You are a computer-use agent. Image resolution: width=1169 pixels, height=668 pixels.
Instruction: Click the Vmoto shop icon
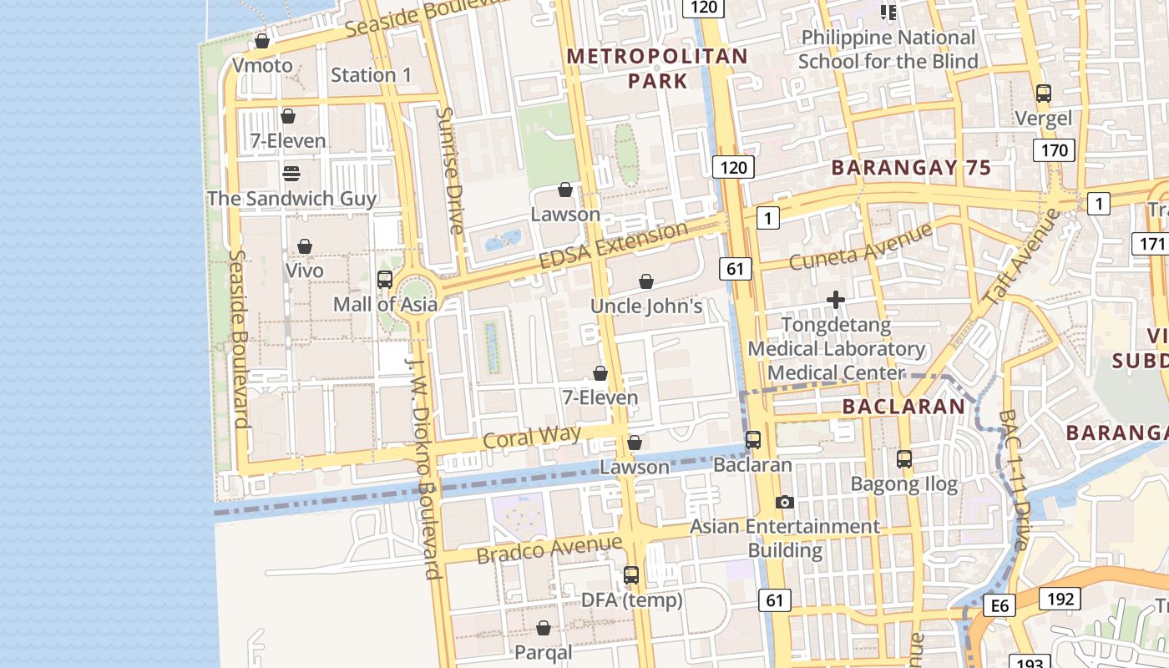tap(262, 41)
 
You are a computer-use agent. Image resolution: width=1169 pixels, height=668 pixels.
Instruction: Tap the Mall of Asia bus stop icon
tap(385, 280)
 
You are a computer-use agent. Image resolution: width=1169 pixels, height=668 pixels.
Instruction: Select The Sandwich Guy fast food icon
tap(291, 174)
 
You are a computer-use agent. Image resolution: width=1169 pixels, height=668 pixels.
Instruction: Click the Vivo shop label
tap(305, 271)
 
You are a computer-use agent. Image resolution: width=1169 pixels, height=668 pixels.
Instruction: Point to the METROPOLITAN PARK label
tap(657, 68)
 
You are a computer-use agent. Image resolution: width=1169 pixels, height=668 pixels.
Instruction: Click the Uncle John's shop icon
tap(645, 282)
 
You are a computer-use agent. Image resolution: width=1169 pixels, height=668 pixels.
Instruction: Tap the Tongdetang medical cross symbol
tap(835, 300)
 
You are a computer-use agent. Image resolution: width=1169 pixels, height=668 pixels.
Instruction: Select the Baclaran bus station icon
tap(753, 440)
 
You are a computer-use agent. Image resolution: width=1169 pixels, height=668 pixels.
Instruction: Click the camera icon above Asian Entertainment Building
tap(784, 502)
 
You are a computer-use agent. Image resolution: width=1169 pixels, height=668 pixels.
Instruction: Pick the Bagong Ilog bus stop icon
tap(904, 458)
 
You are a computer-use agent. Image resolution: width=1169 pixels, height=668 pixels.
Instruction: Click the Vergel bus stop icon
tap(1043, 94)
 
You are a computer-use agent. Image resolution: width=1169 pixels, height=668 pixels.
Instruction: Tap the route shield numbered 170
tap(1054, 150)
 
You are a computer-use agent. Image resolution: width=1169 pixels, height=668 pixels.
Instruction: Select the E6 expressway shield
tap(1000, 605)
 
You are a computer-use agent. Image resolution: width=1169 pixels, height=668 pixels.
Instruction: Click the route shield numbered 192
tap(1060, 598)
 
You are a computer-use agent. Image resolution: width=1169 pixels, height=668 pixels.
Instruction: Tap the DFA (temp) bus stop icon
tap(631, 575)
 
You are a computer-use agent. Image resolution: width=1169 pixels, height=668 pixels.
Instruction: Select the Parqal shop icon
tap(544, 628)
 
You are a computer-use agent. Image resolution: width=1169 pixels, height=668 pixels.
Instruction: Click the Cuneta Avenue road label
tap(860, 246)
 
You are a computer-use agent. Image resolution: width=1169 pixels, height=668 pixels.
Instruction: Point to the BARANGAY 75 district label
tap(911, 167)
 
